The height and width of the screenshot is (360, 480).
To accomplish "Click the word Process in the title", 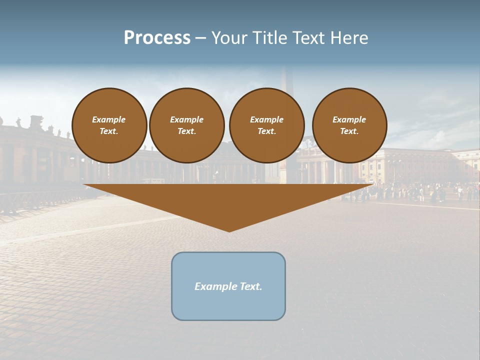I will [x=157, y=38].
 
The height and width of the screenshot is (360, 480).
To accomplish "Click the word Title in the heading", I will [x=270, y=38].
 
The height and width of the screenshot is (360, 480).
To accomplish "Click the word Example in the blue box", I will [x=215, y=286].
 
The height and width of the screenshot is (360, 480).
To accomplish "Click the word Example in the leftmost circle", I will [x=109, y=119].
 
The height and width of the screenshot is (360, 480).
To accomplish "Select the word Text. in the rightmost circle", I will [x=349, y=131].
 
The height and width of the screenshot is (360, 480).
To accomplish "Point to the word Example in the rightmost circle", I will [x=349, y=119].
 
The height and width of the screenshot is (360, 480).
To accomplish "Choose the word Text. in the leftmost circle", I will [x=109, y=131].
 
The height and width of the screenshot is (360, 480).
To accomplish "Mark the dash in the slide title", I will [x=200, y=38].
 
